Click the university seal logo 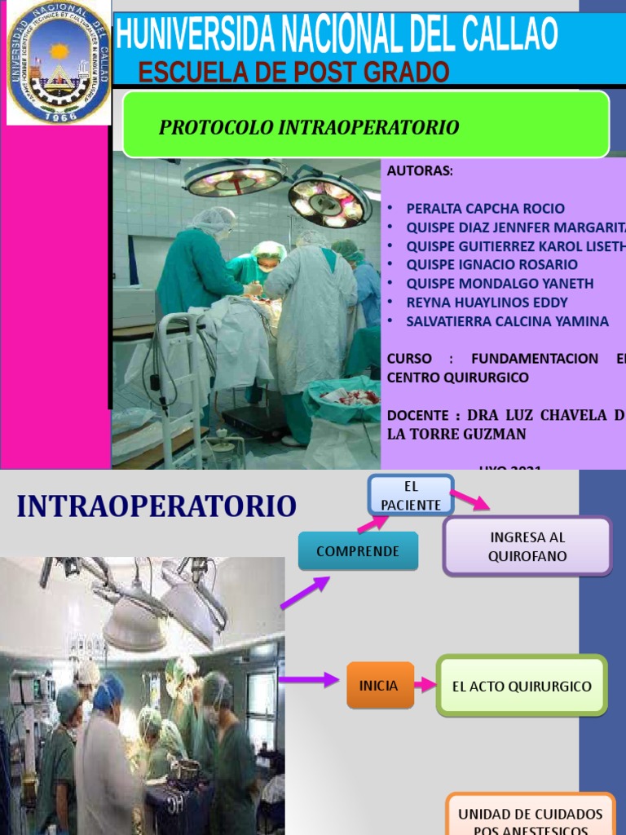(58, 63)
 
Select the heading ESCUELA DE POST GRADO (293, 73)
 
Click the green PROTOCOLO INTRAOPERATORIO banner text (309, 127)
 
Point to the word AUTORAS (420, 170)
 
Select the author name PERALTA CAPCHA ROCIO (485, 208)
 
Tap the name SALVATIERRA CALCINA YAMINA (507, 321)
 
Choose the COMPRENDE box (358, 551)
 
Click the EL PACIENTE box (411, 495)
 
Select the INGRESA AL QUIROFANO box (527, 547)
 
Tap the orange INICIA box (379, 685)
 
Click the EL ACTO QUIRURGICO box (522, 686)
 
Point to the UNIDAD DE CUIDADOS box (530, 816)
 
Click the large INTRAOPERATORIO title (156, 506)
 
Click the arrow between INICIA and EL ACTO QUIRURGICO (425, 685)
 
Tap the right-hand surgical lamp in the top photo (330, 200)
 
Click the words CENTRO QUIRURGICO (457, 378)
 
